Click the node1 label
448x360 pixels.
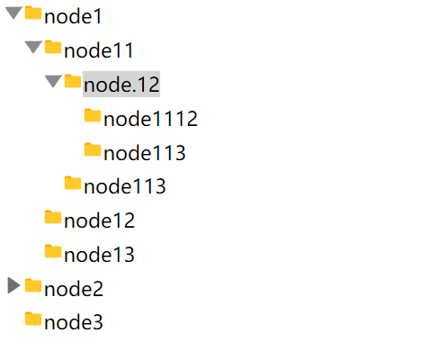click(73, 16)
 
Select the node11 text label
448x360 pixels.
click(99, 50)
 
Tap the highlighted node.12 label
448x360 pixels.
click(121, 85)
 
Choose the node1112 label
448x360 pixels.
click(150, 119)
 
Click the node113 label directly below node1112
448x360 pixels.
click(145, 153)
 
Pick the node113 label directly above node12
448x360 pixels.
click(125, 186)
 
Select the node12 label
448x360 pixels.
click(99, 220)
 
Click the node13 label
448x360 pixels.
click(99, 255)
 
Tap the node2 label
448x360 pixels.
click(74, 289)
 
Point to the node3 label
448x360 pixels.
click(74, 322)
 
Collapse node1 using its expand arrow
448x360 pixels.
click(13, 13)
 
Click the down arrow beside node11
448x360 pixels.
click(33, 48)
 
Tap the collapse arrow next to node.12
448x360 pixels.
click(53, 82)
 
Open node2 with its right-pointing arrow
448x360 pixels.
click(13, 285)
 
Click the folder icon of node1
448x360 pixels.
click(33, 13)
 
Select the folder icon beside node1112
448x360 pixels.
click(93, 115)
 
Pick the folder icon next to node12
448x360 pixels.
click(53, 217)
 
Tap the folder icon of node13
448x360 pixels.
click(53, 251)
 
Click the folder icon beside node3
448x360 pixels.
click(33, 319)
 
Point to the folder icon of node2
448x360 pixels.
click(33, 285)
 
